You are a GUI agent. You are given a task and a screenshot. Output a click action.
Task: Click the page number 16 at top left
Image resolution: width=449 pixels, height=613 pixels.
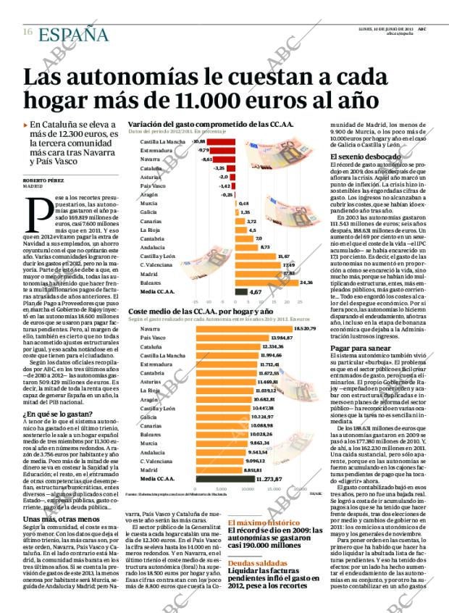[27, 32]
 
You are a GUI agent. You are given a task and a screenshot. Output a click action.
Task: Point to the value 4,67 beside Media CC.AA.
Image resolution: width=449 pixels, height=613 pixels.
[255, 291]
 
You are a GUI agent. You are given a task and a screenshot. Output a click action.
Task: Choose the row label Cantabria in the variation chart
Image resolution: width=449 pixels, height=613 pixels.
[151, 238]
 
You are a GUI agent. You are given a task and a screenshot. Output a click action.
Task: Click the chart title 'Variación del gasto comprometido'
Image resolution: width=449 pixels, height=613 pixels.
[210, 124]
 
